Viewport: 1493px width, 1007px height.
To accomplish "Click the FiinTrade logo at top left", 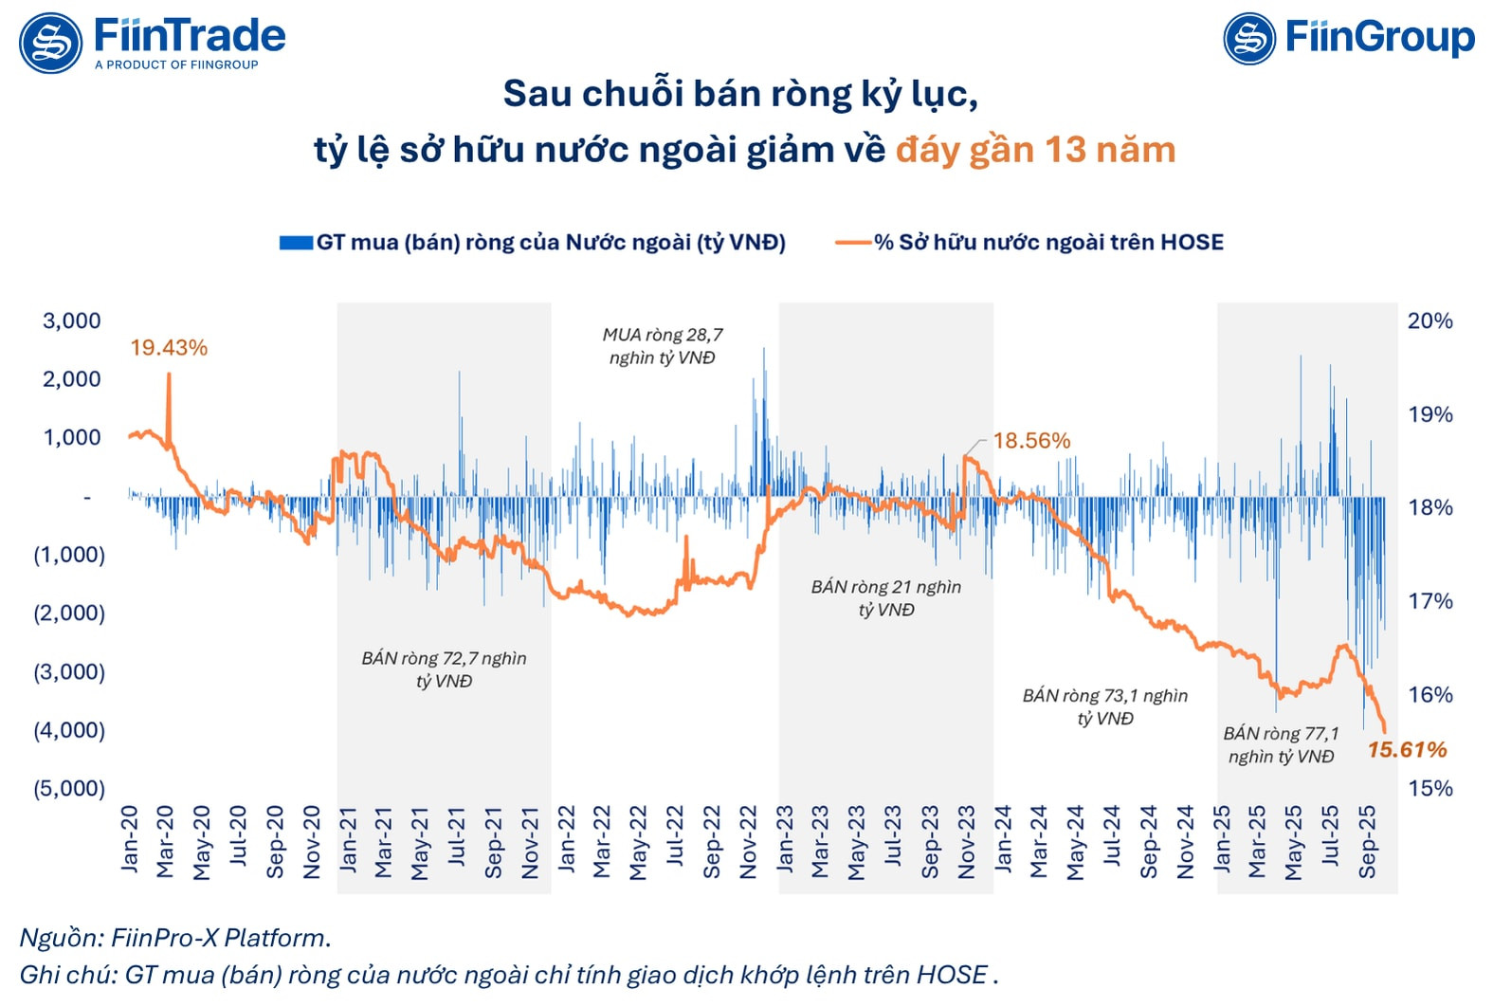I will (x=152, y=42).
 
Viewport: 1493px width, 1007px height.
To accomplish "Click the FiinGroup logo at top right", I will (x=1348, y=39).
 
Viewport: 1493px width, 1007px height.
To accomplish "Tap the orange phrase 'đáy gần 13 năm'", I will (x=1035, y=150).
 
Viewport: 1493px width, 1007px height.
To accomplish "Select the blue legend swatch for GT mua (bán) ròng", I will (x=296, y=243).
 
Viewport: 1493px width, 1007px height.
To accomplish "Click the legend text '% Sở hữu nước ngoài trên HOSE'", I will (x=1048, y=243).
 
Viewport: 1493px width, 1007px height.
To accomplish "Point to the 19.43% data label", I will (x=169, y=348).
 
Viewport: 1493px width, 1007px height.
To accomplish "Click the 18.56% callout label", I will (x=1031, y=441).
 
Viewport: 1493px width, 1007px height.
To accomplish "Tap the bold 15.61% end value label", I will (x=1407, y=750).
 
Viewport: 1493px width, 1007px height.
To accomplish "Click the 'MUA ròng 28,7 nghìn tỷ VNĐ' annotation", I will (x=663, y=346).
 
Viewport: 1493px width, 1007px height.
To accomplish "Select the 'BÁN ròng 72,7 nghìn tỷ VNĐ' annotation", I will (x=444, y=669).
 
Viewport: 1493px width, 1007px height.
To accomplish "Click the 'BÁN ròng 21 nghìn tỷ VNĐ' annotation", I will (x=886, y=598).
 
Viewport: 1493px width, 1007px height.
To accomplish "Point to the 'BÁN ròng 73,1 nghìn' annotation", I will (x=1104, y=696).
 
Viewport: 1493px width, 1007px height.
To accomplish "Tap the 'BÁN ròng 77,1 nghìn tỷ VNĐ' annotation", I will (x=1281, y=744).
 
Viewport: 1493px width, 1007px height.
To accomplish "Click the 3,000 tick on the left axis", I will (x=72, y=320).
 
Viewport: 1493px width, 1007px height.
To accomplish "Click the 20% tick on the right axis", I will (x=1429, y=320).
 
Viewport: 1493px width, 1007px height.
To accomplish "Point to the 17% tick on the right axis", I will (x=1429, y=601).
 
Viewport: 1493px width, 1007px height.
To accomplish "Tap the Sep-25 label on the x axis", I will (x=1367, y=842).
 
